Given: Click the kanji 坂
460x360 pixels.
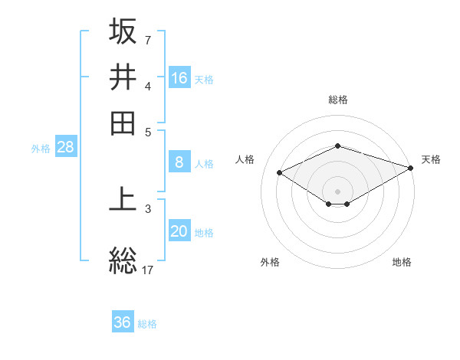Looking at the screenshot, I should coord(123,31).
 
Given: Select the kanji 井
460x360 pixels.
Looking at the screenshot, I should coord(123,77).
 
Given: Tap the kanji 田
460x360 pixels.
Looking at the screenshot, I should coord(123,123).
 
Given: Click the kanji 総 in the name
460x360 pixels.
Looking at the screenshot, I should coord(123,260).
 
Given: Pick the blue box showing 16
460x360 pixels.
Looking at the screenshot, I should coord(179,78).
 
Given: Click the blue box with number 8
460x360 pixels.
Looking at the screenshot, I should coord(179,162).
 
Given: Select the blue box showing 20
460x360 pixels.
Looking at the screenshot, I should coord(179,232).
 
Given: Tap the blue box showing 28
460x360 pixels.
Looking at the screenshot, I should coord(65,148).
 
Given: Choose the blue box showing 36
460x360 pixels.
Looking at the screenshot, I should coord(123,322).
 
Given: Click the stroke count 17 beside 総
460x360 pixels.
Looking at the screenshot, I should coord(148,270).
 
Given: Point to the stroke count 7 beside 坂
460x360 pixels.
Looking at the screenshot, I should coord(147,40).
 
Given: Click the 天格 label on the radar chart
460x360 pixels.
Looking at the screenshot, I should coord(431,159).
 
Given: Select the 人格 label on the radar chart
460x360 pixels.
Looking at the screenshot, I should coord(245,159).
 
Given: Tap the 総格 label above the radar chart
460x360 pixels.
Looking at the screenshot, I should coord(338,100).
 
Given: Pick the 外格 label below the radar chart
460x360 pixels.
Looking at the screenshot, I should coord(270,263).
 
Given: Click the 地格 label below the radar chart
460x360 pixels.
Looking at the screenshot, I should coord(402,263).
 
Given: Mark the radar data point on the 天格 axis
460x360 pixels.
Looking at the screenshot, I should coord(412,168).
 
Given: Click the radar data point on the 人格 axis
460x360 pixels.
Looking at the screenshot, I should coord(280,173).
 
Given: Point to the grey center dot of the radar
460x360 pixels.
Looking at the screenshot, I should coord(338,191).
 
